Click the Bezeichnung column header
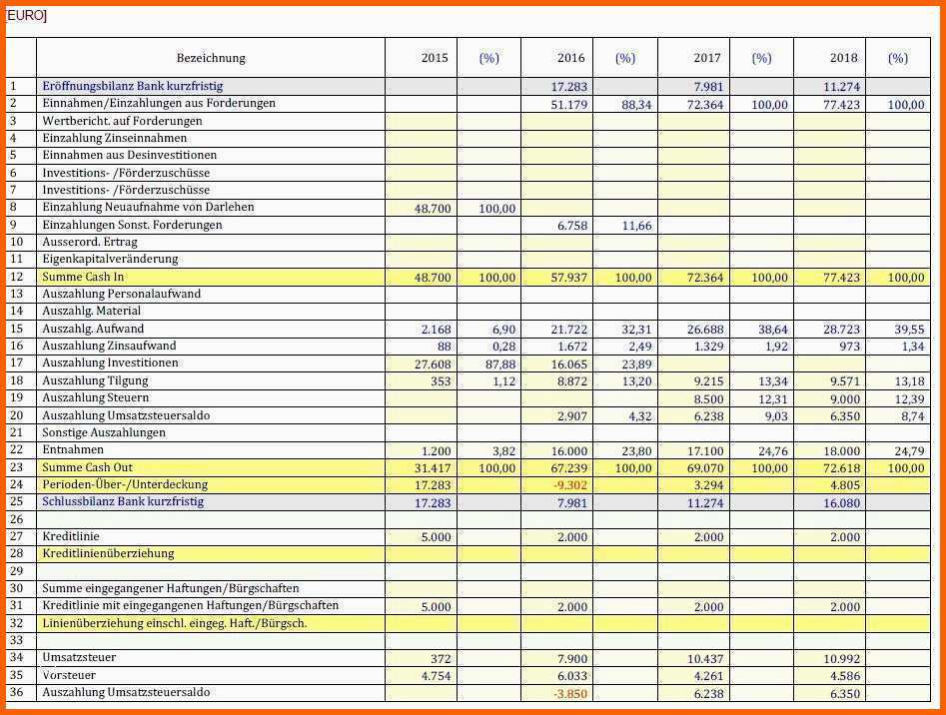[211, 58]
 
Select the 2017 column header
[707, 58]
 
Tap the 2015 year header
[435, 58]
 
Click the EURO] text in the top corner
[27, 15]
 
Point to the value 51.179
[568, 104]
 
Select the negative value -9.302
[568, 485]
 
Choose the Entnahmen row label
[73, 450]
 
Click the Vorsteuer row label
[69, 675]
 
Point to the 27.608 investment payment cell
[433, 364]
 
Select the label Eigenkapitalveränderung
[110, 259]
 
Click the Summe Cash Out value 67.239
[568, 468]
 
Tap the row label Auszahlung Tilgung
[95, 380]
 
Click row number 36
[16, 692]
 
